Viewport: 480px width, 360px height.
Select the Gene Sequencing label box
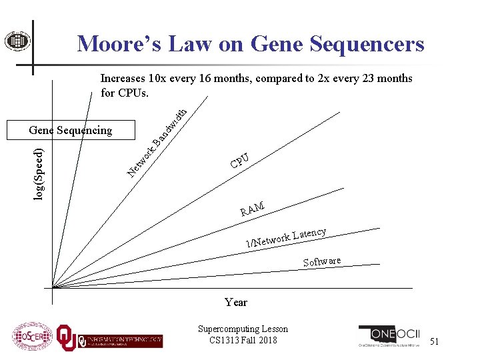click(70, 130)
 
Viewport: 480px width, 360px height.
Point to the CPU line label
click(240, 161)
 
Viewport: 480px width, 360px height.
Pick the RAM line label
click(253, 210)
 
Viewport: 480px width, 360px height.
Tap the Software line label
click(322, 261)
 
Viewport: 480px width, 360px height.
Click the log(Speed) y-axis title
click(40, 175)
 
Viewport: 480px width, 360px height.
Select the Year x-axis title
click(236, 302)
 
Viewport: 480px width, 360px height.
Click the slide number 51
click(434, 341)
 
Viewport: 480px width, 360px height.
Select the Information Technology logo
click(120, 339)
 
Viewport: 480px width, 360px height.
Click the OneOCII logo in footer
click(389, 337)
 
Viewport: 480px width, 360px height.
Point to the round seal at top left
click(13, 41)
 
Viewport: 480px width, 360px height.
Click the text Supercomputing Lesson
click(243, 329)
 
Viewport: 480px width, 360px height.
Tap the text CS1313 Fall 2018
click(243, 339)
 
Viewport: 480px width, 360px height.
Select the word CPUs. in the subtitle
click(133, 92)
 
